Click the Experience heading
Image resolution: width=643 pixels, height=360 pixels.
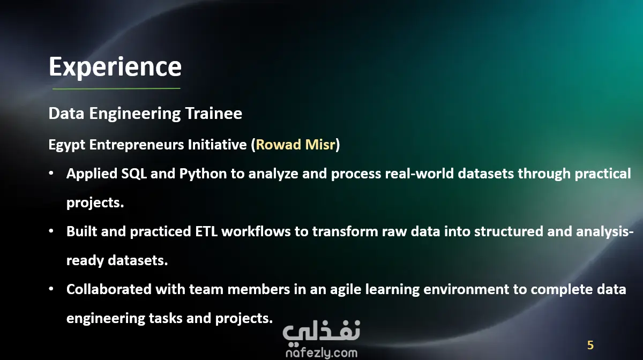click(x=115, y=67)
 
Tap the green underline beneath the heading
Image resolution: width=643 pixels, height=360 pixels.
click(x=116, y=89)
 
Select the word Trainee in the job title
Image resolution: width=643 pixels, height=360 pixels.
click(x=214, y=114)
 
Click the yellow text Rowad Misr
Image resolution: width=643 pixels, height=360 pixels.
click(x=295, y=145)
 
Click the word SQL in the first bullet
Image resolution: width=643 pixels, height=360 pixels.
click(x=134, y=174)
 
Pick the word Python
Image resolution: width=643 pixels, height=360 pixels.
click(x=203, y=174)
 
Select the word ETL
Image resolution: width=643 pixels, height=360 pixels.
click(x=206, y=231)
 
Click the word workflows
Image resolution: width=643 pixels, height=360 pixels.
click(x=256, y=231)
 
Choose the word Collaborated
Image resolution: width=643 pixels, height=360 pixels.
click(x=109, y=289)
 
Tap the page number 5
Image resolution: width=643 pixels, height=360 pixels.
click(x=590, y=345)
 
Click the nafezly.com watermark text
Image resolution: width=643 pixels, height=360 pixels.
click(x=322, y=353)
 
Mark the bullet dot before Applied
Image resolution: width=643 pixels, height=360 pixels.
click(x=51, y=173)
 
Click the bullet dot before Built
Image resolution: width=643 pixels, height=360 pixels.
click(x=51, y=231)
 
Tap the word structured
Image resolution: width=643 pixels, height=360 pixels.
click(x=509, y=231)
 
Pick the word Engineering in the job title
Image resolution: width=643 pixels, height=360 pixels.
click(x=135, y=114)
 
